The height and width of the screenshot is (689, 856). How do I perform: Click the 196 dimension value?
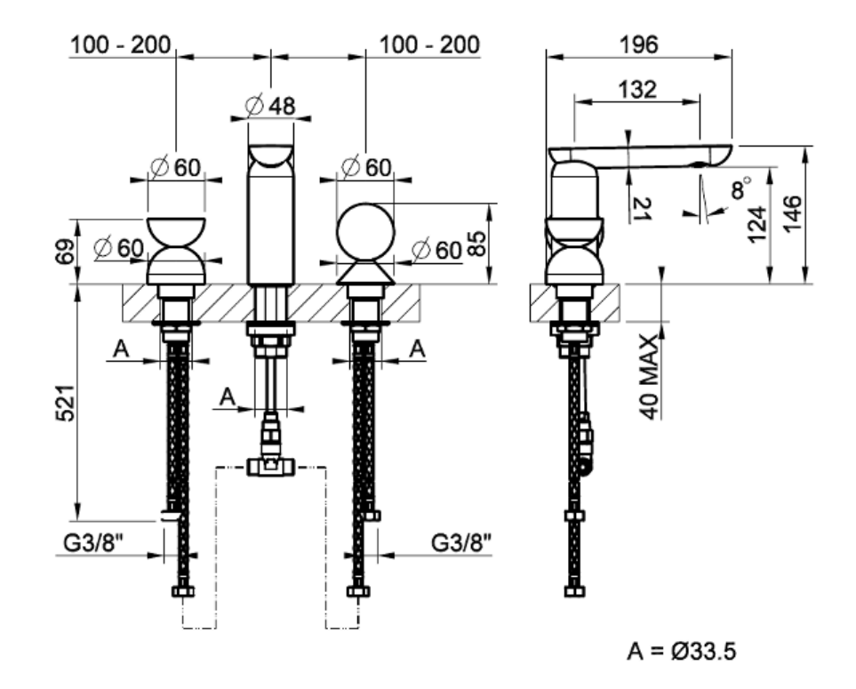(x=639, y=44)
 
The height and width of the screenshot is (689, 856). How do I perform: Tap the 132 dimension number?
(x=637, y=90)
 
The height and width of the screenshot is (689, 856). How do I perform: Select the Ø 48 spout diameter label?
(x=270, y=106)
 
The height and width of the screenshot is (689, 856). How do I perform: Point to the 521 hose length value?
(x=65, y=403)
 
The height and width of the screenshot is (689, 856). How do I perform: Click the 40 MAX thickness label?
(x=649, y=377)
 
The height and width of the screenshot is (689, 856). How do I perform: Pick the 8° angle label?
(x=740, y=188)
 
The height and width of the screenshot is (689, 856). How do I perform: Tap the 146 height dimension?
(x=792, y=214)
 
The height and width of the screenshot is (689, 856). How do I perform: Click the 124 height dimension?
(x=757, y=224)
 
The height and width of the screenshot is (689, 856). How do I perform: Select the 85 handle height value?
(x=476, y=244)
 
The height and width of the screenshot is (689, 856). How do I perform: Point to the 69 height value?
(x=65, y=251)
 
